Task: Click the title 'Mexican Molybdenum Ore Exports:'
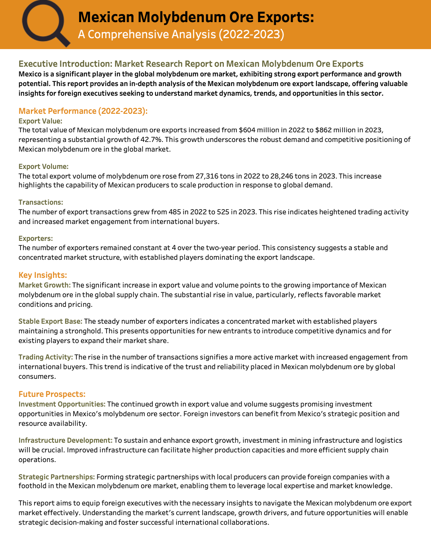196,17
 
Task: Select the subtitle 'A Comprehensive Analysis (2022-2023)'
181,35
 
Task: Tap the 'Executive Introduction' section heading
191,64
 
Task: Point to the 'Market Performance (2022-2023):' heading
83,111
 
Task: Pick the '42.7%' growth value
152,140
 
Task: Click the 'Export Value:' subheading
40,121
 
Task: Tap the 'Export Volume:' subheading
43,166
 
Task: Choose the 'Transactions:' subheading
41,202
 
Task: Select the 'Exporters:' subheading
35,238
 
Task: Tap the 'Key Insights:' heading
43,275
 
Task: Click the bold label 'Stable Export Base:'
50,321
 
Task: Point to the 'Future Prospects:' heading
52,394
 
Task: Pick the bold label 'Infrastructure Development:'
65,440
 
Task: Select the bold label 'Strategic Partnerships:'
57,477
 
